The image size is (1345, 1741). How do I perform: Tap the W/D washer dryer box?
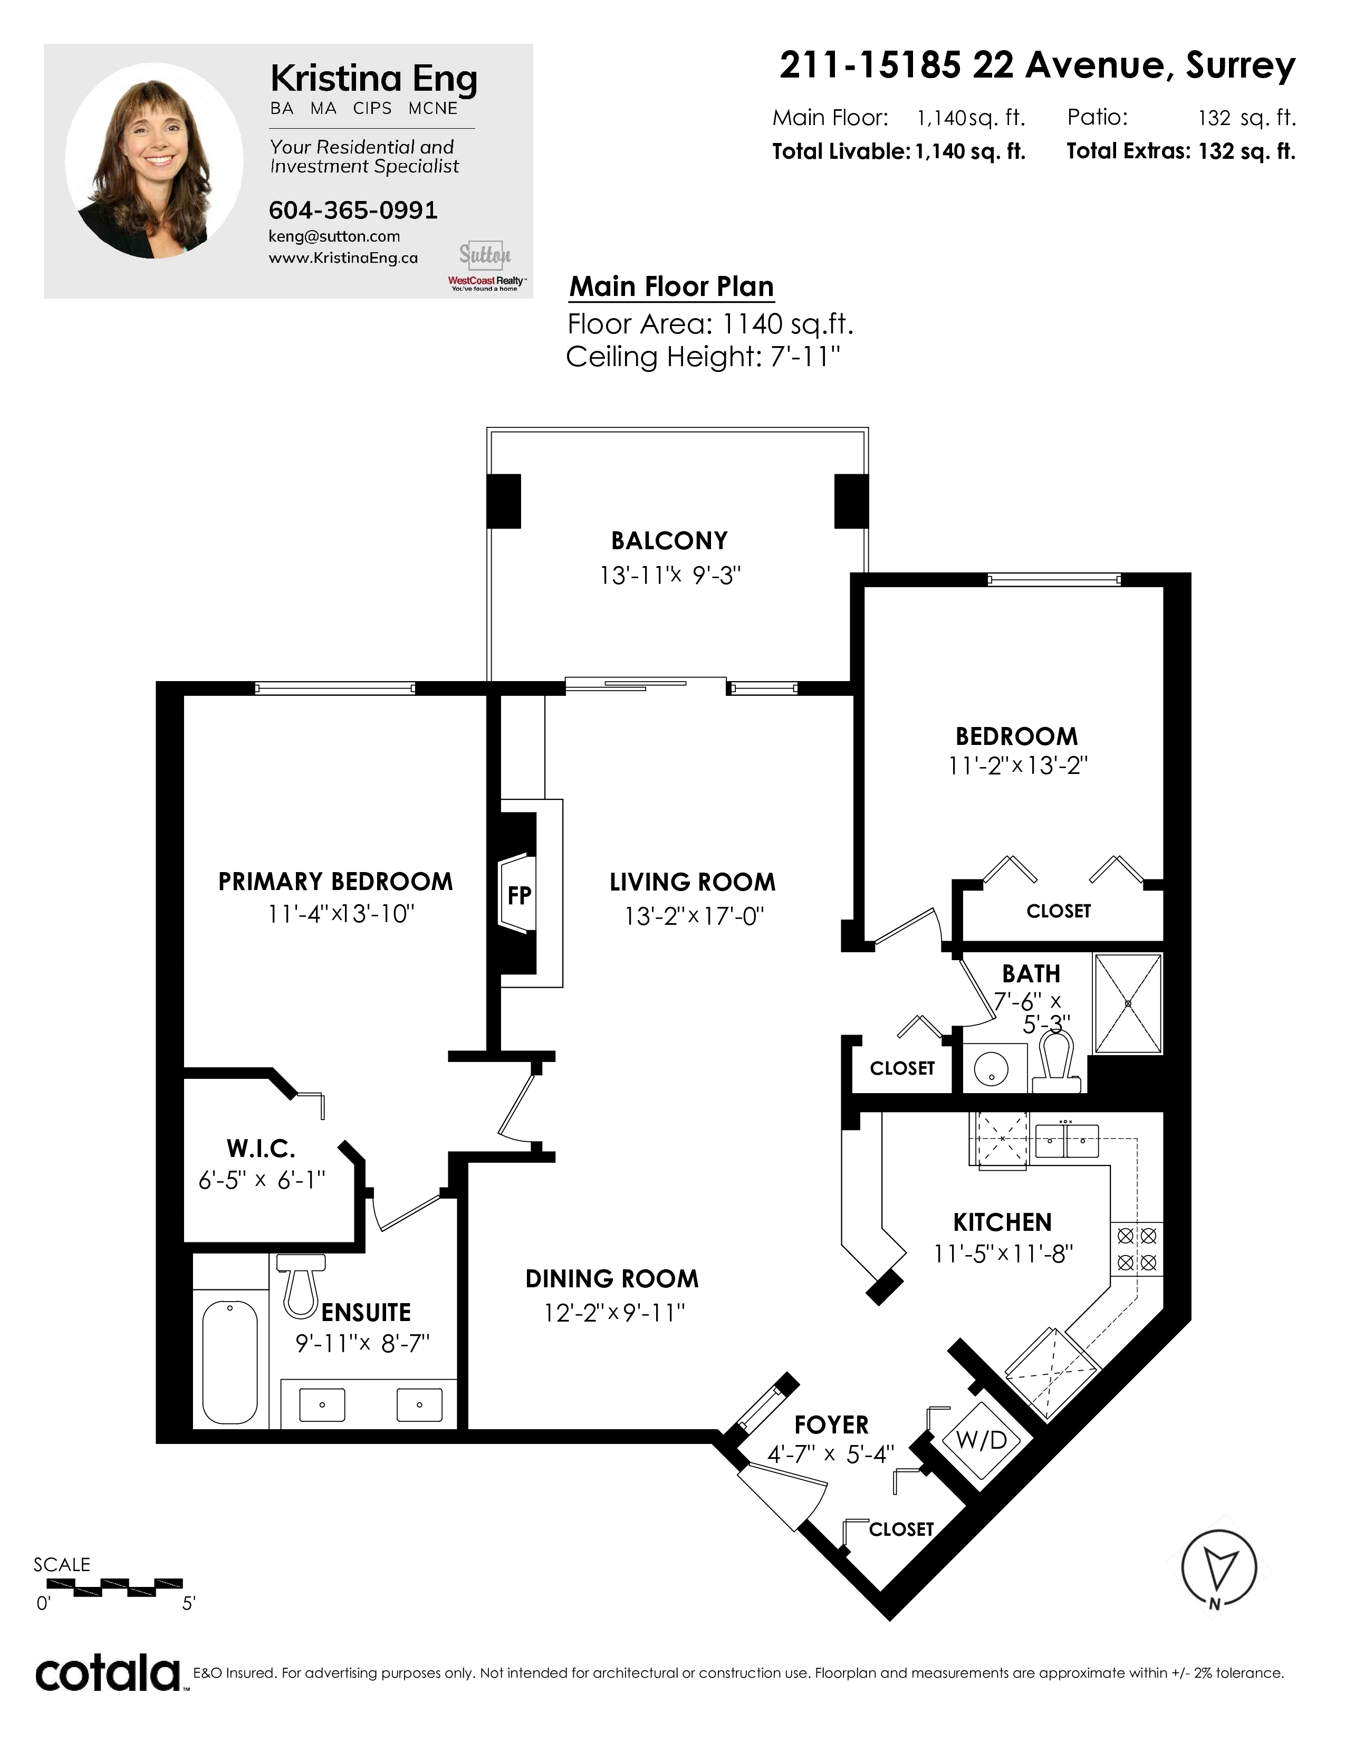point(982,1440)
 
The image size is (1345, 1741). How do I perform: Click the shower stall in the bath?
point(1128,1003)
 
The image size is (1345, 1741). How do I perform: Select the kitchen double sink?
point(1067,1141)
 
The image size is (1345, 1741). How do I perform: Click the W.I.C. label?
point(261,1149)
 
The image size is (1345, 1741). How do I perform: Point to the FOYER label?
point(831,1424)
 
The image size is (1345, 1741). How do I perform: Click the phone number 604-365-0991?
point(353,211)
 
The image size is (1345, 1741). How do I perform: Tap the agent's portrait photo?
point(154,161)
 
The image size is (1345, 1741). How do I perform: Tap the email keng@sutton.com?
point(334,237)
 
